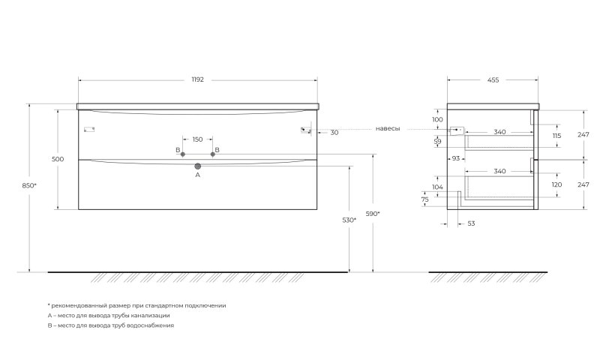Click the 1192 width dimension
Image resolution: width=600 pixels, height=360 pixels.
coord(197,79)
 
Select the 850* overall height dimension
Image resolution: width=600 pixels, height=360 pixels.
coord(29,185)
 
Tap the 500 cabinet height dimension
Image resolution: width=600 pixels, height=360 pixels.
coord(58,159)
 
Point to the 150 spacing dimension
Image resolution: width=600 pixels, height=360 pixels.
coord(197,139)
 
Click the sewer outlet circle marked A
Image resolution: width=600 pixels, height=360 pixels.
coord(198,166)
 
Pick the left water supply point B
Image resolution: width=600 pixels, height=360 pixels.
coord(182,154)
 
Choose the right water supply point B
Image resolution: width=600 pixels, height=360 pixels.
coord(213,154)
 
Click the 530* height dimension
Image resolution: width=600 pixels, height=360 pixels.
coord(349,220)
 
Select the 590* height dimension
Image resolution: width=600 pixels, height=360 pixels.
coord(373,214)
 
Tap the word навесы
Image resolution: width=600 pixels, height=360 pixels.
coord(388,128)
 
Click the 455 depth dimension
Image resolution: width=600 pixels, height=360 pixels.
coord(493,80)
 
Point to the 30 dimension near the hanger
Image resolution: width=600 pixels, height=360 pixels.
coord(334,132)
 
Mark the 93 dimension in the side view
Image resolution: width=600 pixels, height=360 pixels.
coord(456,158)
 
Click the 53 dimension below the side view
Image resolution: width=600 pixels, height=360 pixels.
coord(471,223)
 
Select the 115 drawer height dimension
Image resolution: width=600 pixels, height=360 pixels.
coord(556,136)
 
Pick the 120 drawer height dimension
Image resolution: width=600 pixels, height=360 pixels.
coord(556,184)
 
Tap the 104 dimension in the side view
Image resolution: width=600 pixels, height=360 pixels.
coord(437,187)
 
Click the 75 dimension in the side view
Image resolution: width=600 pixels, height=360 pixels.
coord(424,199)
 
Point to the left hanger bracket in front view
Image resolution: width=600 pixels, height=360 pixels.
coord(89,130)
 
